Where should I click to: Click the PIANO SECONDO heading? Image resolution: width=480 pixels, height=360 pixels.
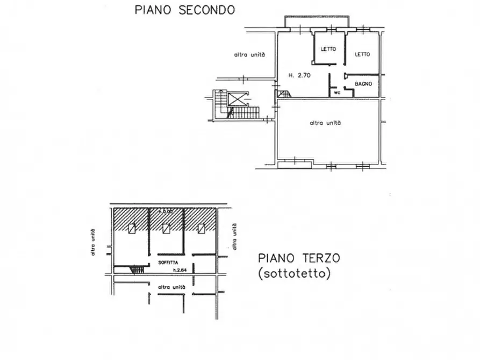pyautogui.click(x=184, y=9)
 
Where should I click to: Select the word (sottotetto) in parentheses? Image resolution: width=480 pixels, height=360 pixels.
pyautogui.click(x=294, y=273)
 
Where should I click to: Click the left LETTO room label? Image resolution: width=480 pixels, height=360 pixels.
pyautogui.click(x=328, y=49)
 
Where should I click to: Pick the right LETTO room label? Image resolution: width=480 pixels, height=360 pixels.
pyautogui.click(x=362, y=54)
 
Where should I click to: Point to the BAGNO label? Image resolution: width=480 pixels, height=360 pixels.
pyautogui.click(x=364, y=84)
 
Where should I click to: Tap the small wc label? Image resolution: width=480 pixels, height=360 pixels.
pyautogui.click(x=337, y=92)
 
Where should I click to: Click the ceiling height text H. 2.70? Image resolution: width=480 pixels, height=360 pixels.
pyautogui.click(x=299, y=76)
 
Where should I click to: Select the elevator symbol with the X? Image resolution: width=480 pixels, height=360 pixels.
pyautogui.click(x=237, y=98)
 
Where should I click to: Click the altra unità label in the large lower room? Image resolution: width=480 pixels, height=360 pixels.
pyautogui.click(x=326, y=123)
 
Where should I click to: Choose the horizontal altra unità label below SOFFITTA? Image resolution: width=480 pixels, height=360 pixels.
pyautogui.click(x=172, y=287)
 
